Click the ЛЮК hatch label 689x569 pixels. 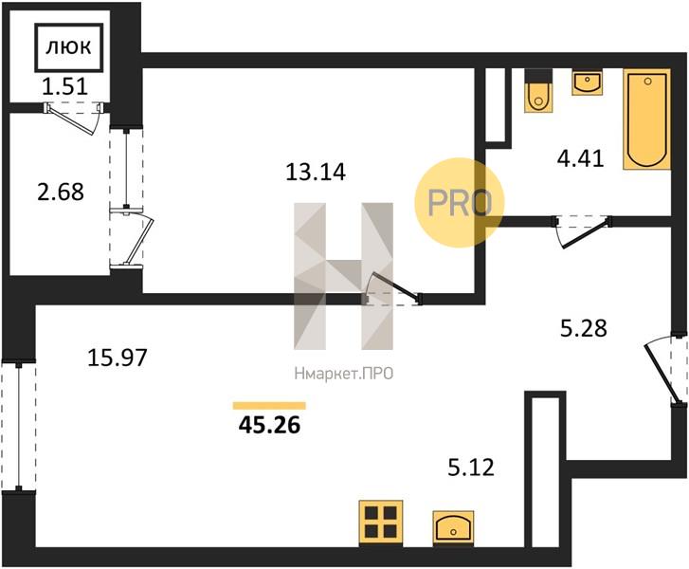point(68,46)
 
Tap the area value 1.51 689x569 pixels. point(65,86)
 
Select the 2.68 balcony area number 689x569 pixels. point(61,193)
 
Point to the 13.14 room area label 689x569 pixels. point(316,172)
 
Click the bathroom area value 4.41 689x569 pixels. point(580,158)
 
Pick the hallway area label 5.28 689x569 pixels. point(584,328)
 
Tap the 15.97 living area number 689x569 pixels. point(117,358)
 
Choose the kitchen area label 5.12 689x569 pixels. point(471,467)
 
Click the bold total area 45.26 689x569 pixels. point(269,425)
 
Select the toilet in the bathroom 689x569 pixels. point(537,91)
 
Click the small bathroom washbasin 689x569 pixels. point(587,82)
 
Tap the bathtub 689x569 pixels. point(646,119)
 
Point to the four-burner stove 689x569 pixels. point(381,523)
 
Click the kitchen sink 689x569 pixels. point(453,527)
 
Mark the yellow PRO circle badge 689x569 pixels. point(460,202)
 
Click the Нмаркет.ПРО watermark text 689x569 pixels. point(343,374)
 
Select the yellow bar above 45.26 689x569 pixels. point(269,406)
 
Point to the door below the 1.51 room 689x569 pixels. point(75,119)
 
